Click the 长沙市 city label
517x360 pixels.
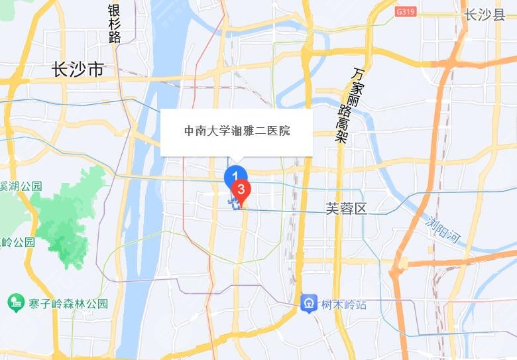point(78,69)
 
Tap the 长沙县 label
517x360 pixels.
point(485,15)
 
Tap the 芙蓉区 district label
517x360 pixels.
point(346,208)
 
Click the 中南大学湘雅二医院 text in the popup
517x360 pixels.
point(237,131)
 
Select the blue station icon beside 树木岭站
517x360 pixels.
point(308,304)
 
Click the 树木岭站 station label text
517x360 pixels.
point(343,304)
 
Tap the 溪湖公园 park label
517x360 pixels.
point(21,186)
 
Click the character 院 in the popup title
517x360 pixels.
point(284,131)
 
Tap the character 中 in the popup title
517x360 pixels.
point(190,131)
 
